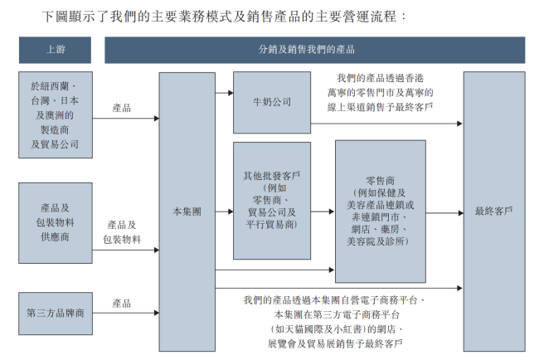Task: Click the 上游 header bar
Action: click(x=55, y=50)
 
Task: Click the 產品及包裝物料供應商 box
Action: click(x=55, y=223)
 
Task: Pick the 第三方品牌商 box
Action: click(x=55, y=314)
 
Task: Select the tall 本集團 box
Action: click(x=187, y=211)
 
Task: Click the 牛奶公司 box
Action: click(x=272, y=103)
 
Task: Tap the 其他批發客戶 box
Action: click(x=272, y=200)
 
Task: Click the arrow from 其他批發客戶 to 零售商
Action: click(x=323, y=212)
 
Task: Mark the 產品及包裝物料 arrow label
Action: click(x=122, y=231)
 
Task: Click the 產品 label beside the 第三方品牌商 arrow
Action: click(x=122, y=304)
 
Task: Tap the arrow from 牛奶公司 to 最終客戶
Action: click(x=386, y=124)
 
